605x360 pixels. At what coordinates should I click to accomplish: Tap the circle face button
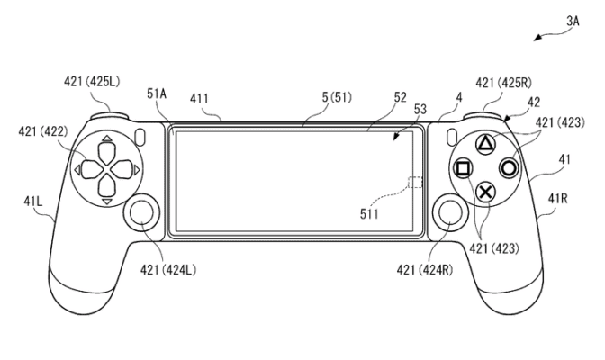coord(509,166)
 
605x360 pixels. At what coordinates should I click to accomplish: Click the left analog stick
coord(142,213)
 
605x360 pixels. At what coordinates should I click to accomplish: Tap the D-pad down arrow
coord(106,202)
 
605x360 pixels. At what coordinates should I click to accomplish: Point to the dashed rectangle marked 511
coord(415,183)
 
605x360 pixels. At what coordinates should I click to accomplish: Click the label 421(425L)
coord(91,83)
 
